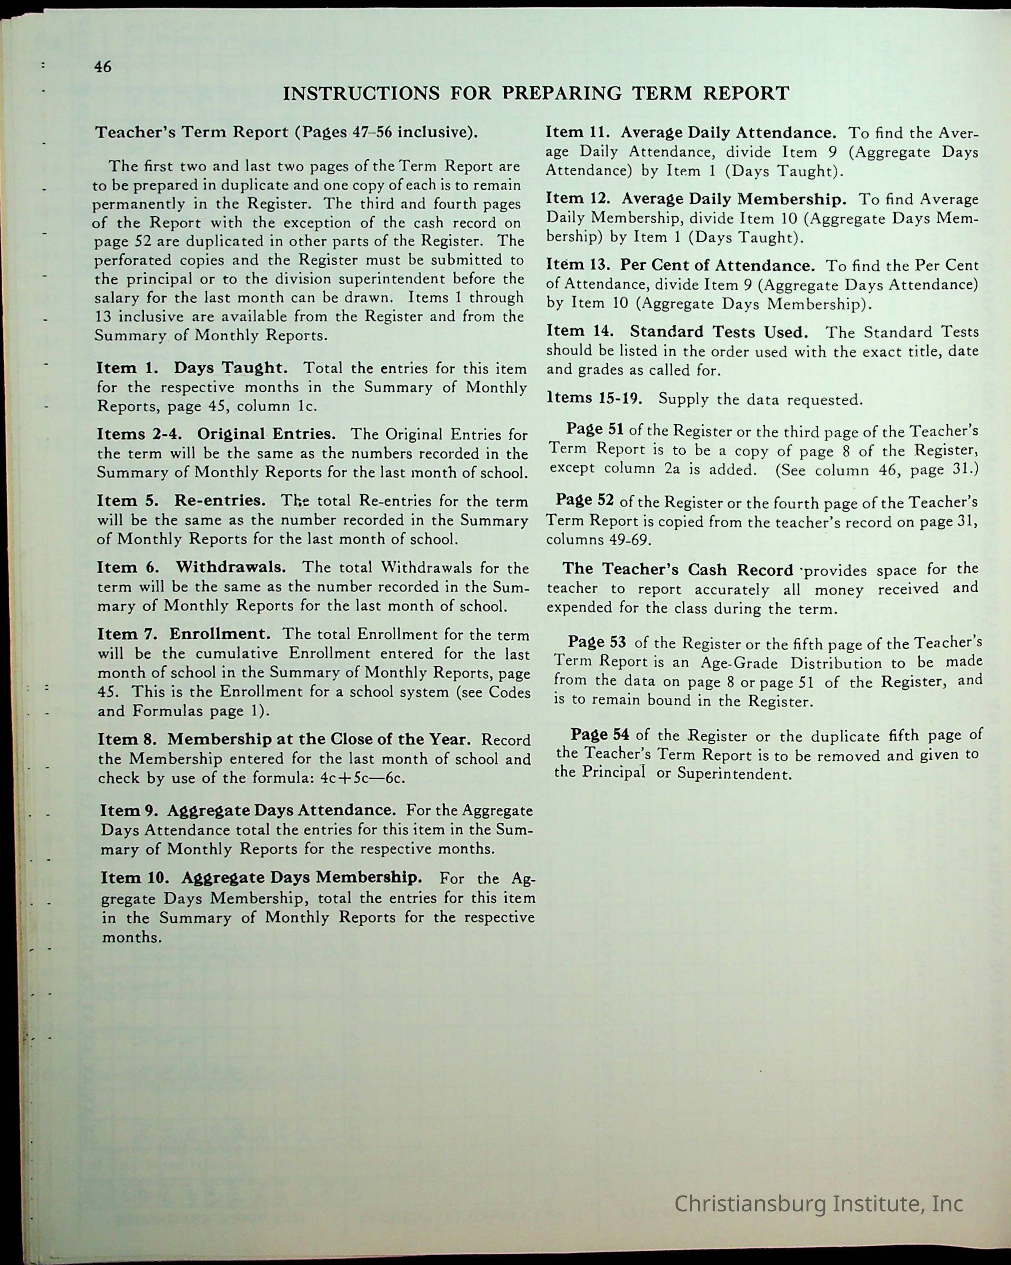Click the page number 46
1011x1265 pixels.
[103, 67]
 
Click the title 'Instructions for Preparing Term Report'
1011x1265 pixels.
[536, 93]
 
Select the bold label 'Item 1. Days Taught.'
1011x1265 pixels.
[192, 368]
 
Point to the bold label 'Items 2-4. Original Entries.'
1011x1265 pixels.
[216, 434]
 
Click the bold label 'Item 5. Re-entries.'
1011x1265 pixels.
[181, 501]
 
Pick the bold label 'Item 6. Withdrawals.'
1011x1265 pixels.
[191, 567]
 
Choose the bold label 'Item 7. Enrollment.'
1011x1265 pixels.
[184, 634]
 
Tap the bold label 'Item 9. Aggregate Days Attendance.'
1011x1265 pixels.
[247, 810]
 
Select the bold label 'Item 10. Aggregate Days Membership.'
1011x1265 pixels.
[262, 877]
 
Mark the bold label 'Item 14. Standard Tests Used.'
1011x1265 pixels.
[677, 332]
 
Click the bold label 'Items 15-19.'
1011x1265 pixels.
[594, 398]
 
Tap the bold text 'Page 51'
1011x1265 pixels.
[594, 429]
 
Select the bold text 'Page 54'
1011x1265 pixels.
[600, 734]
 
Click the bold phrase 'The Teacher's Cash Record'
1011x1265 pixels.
[678, 569]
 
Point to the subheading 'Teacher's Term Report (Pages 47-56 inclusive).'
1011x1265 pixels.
[286, 132]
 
